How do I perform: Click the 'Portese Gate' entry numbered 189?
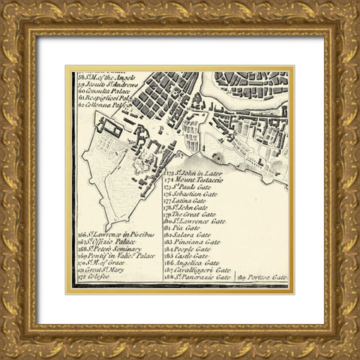[x=262, y=277]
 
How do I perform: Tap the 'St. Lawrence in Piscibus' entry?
[x=116, y=235]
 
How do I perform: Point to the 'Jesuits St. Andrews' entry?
[x=105, y=84]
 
